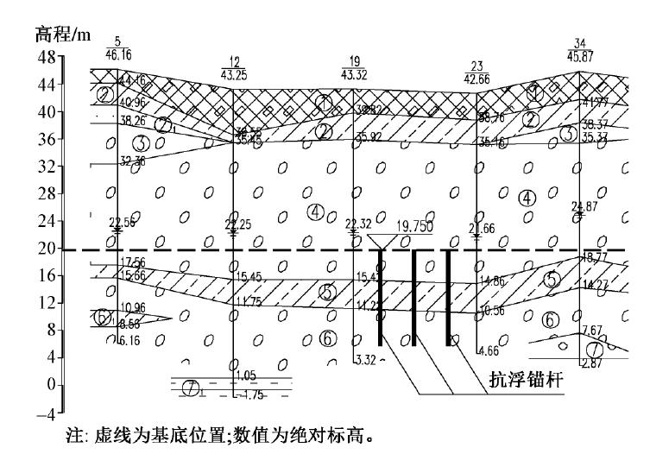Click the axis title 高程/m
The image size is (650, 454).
click(62, 35)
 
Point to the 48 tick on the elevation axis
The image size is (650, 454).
click(46, 57)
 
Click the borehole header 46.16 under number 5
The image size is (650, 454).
click(117, 54)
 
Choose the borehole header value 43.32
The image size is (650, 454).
click(354, 75)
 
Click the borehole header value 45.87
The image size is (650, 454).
click(580, 56)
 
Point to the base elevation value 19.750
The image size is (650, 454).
click(413, 226)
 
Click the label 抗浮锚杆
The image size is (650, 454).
click(507, 376)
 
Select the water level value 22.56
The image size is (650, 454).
click(122, 222)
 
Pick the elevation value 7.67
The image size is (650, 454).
click(591, 330)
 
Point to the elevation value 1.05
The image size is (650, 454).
click(247, 375)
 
